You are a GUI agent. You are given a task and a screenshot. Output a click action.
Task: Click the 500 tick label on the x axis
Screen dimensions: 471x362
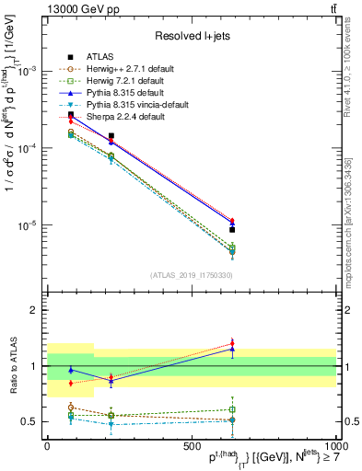(191, 445)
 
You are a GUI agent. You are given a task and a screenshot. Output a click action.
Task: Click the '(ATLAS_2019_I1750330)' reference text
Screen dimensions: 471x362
(191, 275)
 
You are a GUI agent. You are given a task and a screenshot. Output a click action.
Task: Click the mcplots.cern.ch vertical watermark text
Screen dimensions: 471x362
(354, 212)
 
